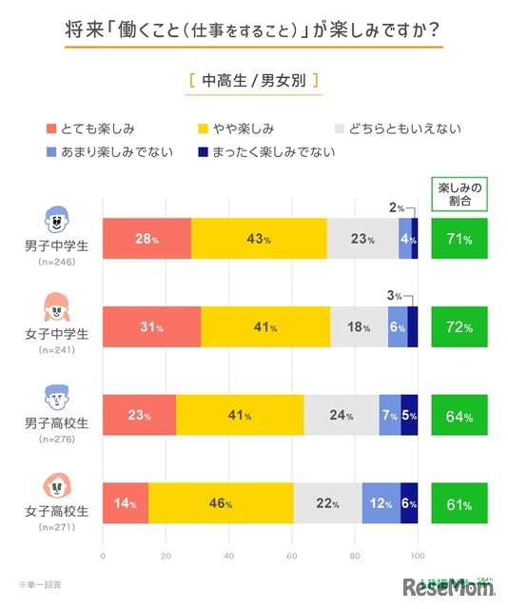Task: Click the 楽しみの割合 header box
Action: [459, 194]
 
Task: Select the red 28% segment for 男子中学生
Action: [147, 239]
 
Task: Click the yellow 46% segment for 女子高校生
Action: [221, 503]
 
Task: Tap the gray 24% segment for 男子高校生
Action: [341, 415]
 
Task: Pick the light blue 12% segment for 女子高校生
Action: [381, 503]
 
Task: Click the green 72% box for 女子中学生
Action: [459, 327]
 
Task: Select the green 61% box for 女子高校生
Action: [459, 503]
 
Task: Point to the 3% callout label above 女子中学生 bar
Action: [394, 297]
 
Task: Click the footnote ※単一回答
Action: [44, 583]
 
